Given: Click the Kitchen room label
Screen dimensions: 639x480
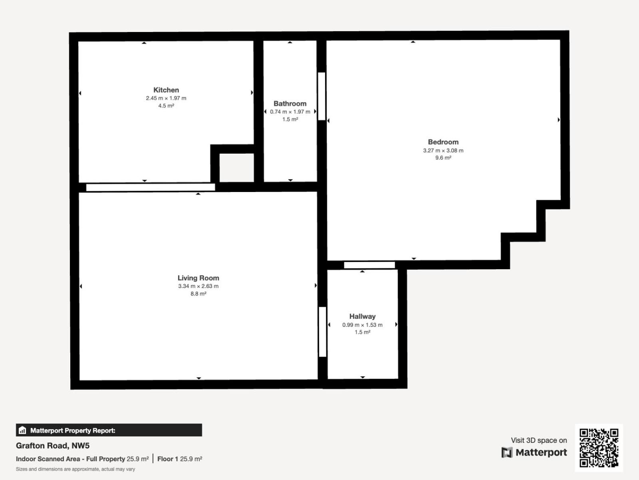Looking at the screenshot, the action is point(166,90).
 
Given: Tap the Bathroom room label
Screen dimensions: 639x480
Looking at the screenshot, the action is point(290,104).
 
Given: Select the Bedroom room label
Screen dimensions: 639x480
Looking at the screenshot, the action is point(443,142).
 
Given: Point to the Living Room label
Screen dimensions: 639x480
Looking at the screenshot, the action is point(198,278).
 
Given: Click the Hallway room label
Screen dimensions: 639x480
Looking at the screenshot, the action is point(363,316).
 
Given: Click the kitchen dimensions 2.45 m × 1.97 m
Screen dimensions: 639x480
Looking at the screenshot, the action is point(166,98).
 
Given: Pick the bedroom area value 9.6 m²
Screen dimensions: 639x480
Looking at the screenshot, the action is point(443,158).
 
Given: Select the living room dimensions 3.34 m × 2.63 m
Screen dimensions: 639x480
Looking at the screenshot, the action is point(198,286).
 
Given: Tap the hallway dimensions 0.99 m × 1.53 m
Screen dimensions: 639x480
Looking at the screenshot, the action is point(363,325).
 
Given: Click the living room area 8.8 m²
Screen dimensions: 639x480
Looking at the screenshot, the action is point(198,294).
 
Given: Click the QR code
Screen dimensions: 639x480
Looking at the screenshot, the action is point(599,448).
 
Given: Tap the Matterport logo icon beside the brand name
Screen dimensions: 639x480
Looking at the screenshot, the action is point(507,452).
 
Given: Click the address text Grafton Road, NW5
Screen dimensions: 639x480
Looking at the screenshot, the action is point(53,446).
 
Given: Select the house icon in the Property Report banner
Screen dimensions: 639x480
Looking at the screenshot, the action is point(22,430).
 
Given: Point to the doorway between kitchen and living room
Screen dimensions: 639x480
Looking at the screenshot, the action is point(151,187).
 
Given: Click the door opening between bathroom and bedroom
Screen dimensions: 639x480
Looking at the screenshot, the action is point(321,96).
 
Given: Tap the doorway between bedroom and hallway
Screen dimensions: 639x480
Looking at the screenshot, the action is point(369,265).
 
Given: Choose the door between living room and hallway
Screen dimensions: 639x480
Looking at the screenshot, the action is point(323,332).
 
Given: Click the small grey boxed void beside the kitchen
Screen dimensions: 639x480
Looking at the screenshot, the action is point(237,168).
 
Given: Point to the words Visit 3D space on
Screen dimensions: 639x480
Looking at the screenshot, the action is point(539,440).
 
